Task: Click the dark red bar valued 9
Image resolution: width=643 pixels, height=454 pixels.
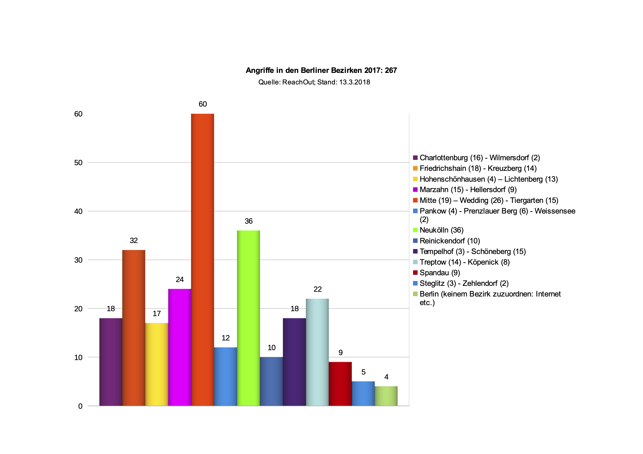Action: click(340, 384)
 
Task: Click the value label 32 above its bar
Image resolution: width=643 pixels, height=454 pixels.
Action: click(134, 241)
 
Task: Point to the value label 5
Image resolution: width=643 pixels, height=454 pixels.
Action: click(363, 372)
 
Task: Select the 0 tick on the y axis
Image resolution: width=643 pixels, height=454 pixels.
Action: click(80, 406)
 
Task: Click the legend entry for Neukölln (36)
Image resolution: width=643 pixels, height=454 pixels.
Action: click(441, 230)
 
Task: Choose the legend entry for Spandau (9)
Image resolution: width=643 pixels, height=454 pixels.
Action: click(440, 273)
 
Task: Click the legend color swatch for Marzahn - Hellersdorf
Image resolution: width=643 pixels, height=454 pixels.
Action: click(415, 190)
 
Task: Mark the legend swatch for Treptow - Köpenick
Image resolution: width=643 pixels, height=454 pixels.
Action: click(415, 262)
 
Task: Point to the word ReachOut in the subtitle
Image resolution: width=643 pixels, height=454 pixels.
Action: click(299, 82)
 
